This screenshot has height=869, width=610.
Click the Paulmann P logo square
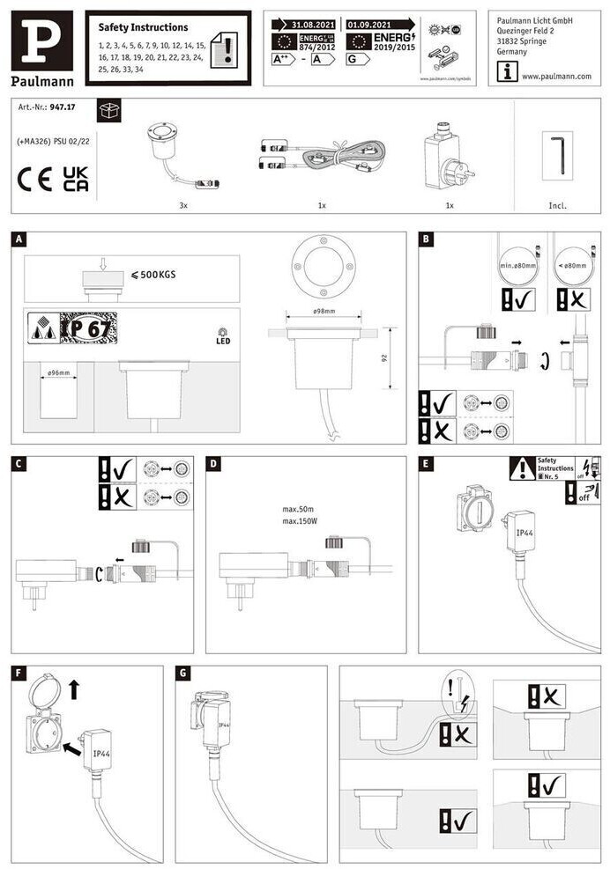tap(42, 41)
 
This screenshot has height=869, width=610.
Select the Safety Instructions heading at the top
tap(143, 27)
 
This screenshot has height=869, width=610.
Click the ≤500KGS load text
tap(152, 275)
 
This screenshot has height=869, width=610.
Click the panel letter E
tap(427, 463)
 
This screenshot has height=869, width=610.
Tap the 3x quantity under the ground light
tap(183, 205)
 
